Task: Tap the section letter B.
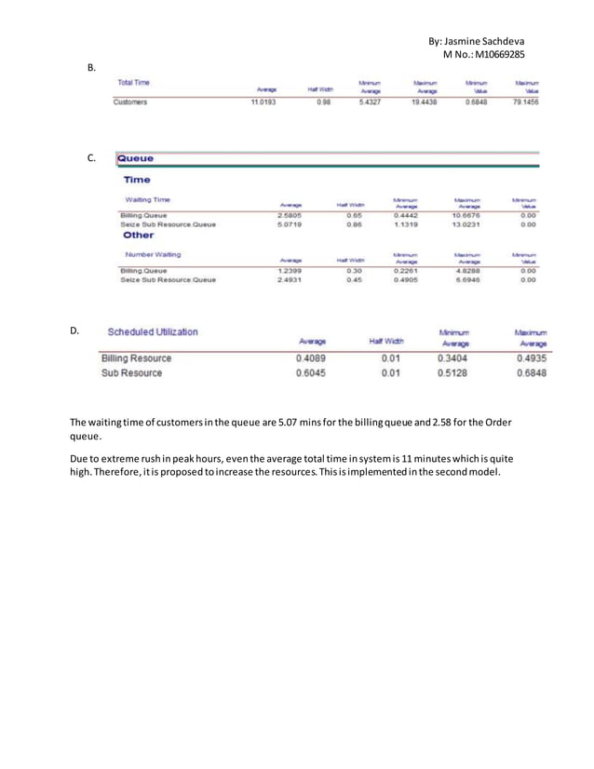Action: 91,67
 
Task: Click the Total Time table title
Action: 133,84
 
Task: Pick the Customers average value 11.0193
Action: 263,101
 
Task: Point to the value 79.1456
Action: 527,101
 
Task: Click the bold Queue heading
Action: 136,158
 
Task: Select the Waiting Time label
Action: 148,199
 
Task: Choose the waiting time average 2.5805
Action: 291,215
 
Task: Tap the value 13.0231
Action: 466,224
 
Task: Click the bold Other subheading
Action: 138,236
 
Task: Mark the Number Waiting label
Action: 153,254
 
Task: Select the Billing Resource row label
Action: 136,358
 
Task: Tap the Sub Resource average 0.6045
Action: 311,373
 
